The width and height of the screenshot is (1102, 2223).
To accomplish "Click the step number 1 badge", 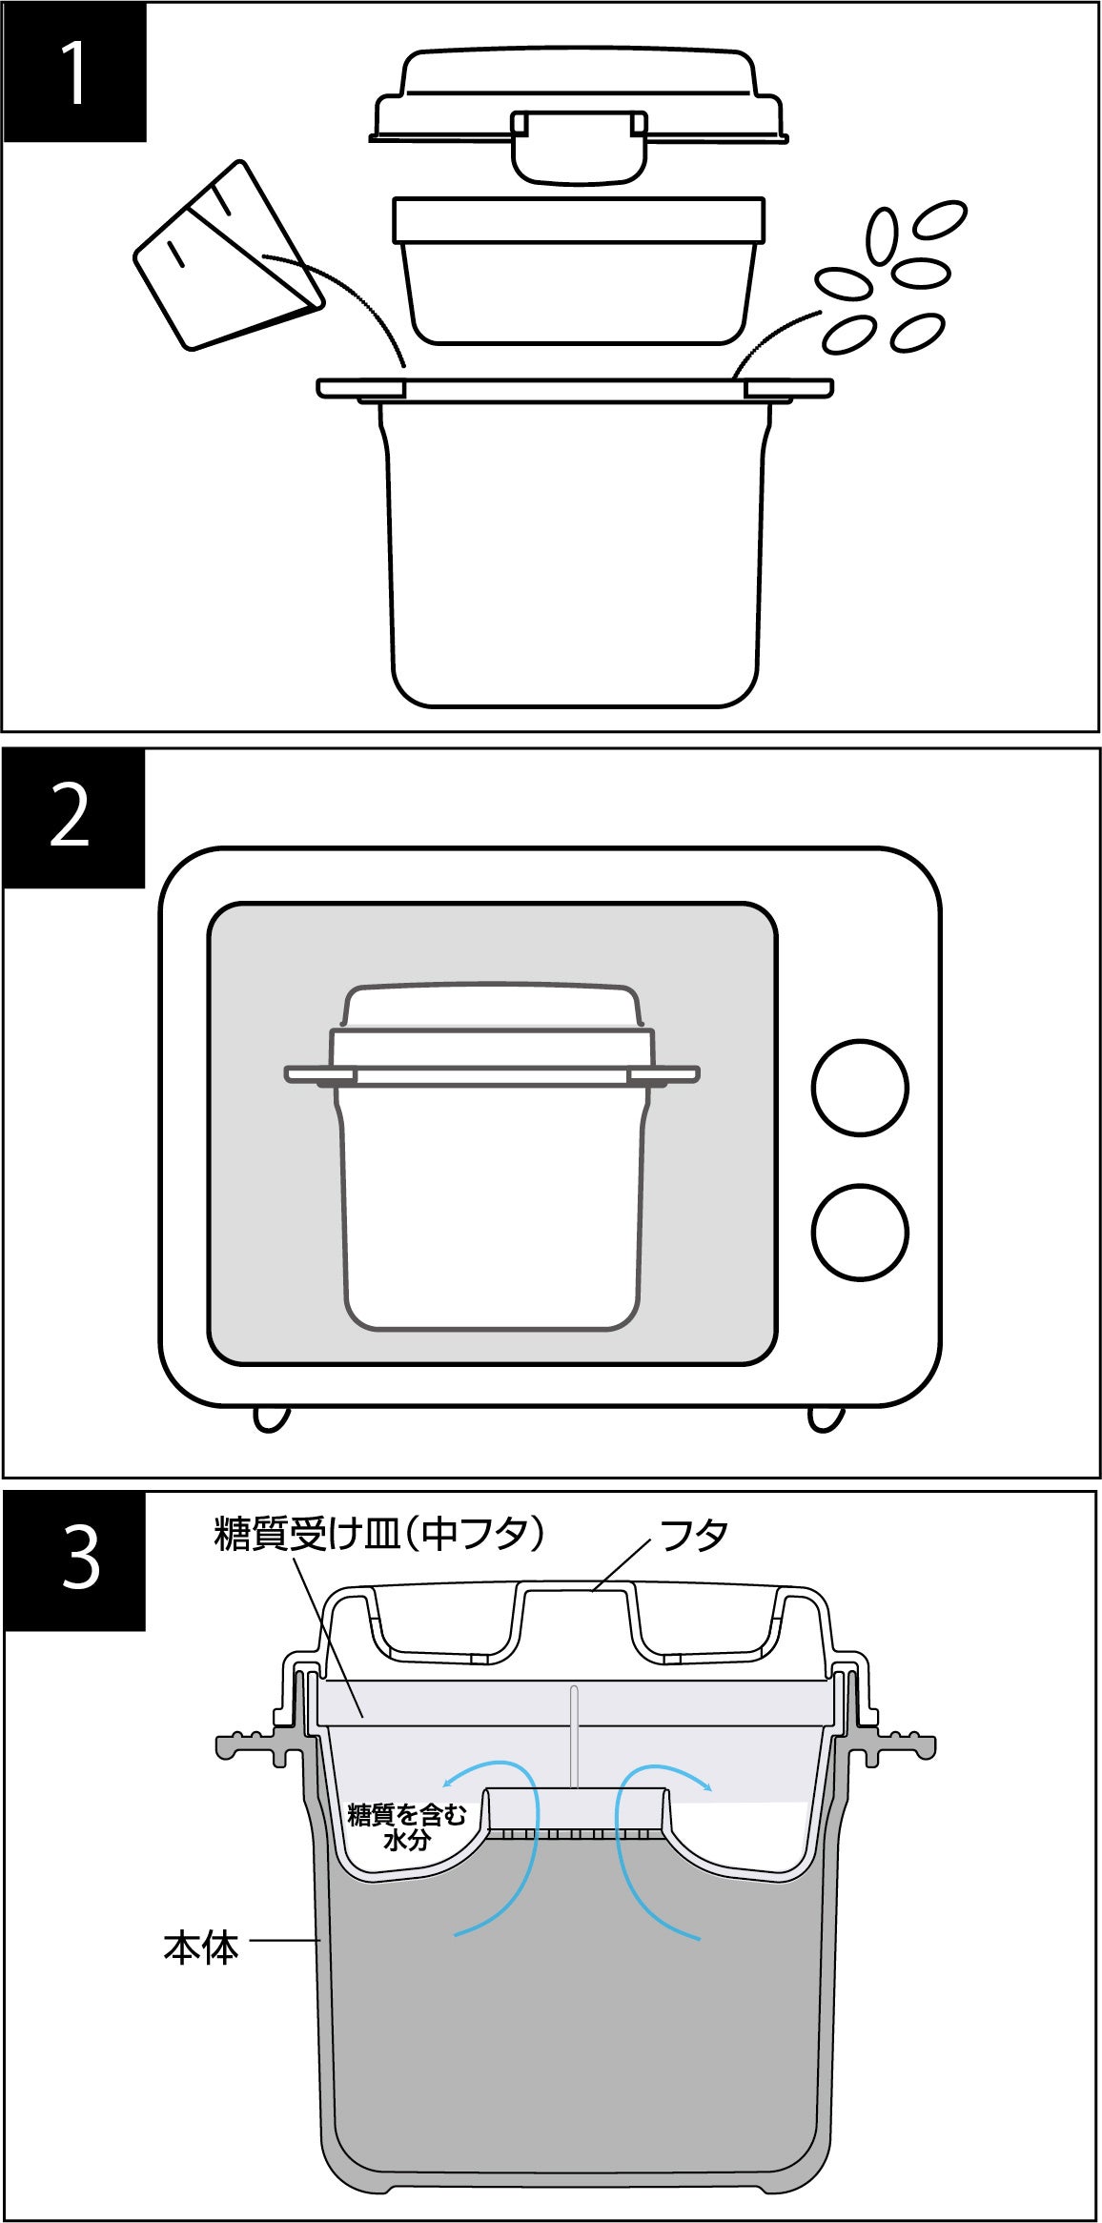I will pos(74,72).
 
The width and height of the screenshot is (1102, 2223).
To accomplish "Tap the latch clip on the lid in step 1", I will pos(578,145).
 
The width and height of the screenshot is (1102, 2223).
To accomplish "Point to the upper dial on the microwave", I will pos(860,1087).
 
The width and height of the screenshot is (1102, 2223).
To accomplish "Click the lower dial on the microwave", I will pos(860,1232).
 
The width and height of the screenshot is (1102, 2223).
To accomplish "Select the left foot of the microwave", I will pos(271,1418).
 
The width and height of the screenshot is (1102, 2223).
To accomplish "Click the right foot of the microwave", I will pos(826,1418).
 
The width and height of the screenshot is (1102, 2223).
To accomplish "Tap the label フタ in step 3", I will pos(695,1536).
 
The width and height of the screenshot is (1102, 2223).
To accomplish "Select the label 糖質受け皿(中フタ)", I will pos(379,1536).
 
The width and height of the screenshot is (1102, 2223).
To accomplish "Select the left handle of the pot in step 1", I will pos(362,389).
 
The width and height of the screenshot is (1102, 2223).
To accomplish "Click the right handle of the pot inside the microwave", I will pos(664,1074).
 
